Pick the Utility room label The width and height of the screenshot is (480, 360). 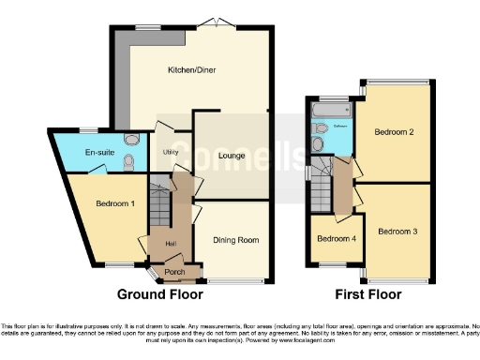pos(171,151)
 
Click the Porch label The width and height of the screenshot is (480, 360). pos(174,273)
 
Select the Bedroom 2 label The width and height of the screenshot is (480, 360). pos(396,132)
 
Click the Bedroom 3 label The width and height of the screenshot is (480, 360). pos(398,231)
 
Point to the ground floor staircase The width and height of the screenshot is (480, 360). pos(159,204)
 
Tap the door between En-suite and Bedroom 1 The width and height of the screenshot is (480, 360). pos(97,172)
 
